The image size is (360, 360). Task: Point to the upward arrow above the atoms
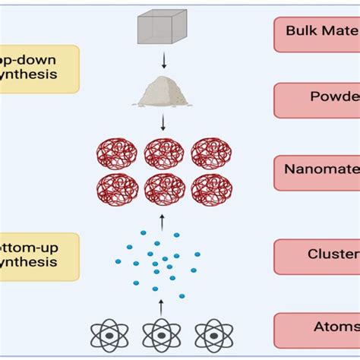pyautogui.click(x=161, y=307)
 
